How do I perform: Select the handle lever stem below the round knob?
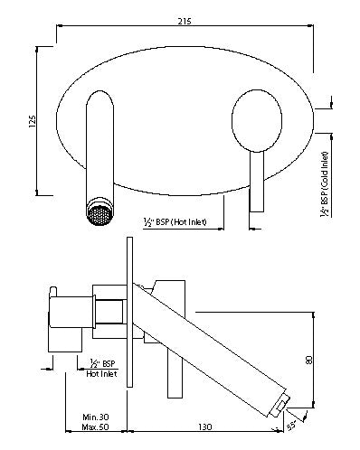tap(256, 176)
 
